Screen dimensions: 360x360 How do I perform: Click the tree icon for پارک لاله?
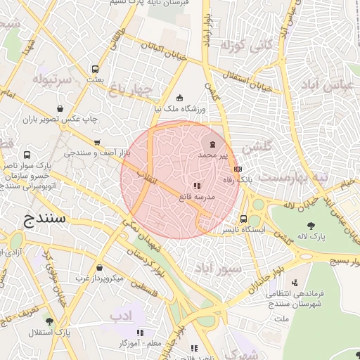pyautogui.click(x=311, y=226)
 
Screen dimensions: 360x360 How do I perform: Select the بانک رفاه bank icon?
pyautogui.click(x=238, y=169)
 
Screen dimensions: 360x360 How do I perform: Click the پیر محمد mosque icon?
pyautogui.click(x=214, y=144)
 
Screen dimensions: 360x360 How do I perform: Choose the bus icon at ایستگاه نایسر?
pyautogui.click(x=243, y=219)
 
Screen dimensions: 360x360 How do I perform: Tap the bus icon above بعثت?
pyautogui.click(x=95, y=70)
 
